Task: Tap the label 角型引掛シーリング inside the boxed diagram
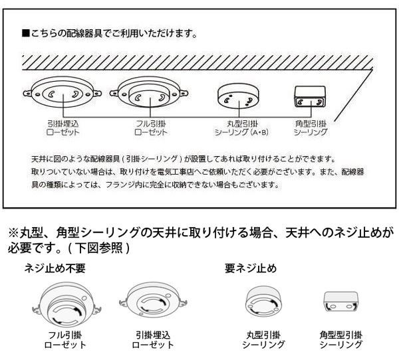click(310, 128)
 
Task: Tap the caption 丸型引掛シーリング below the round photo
click(263, 340)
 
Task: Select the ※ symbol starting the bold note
click(13, 234)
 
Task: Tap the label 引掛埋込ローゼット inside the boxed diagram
click(63, 128)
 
